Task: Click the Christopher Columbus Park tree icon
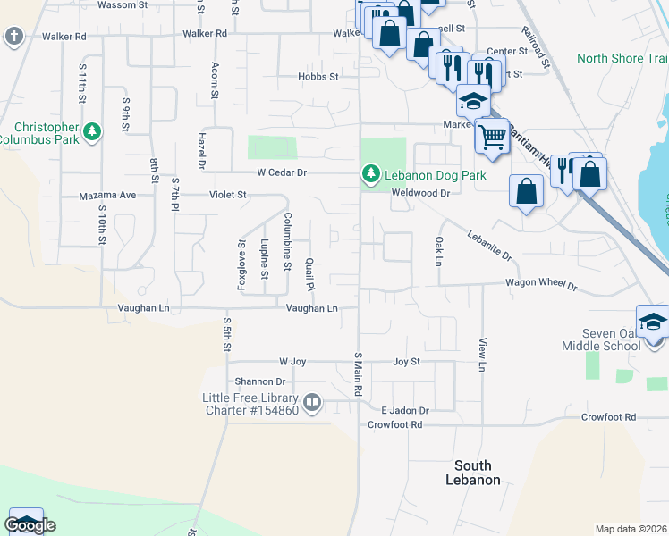[x=91, y=132]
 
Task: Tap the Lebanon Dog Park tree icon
[x=368, y=173]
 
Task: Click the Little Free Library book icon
[x=311, y=403]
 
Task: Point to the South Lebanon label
[x=472, y=473]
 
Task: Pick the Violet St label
[x=228, y=194]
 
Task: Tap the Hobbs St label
[x=318, y=77]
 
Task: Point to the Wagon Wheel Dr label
[x=541, y=284]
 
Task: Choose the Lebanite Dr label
[x=489, y=246]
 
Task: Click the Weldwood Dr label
[x=419, y=192]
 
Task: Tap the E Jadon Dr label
[x=405, y=410]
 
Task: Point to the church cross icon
[x=13, y=36]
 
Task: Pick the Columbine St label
[x=287, y=241]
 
